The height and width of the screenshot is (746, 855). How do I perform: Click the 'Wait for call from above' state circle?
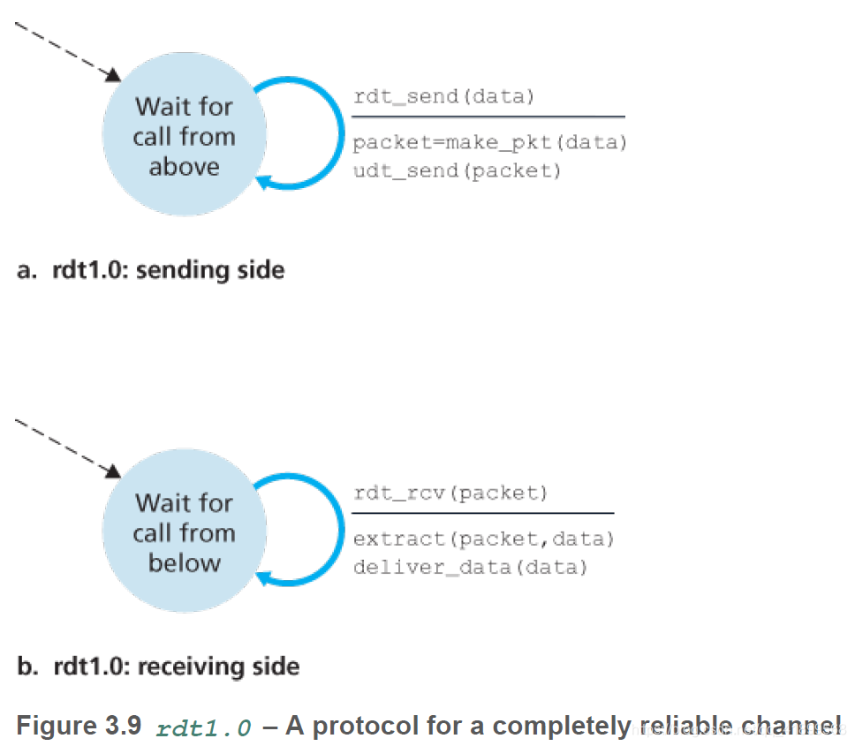click(183, 137)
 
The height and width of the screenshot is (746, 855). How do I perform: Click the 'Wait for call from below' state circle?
click(183, 532)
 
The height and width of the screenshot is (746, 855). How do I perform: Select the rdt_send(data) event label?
click(443, 97)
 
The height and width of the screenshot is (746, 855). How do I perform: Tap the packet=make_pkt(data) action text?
click(489, 143)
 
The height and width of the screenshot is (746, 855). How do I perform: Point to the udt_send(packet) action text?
click(457, 170)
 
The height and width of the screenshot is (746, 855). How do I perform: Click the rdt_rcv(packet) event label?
click(450, 494)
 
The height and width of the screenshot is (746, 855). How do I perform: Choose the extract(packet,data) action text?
click(483, 539)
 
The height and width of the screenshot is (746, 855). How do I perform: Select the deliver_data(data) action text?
click(470, 567)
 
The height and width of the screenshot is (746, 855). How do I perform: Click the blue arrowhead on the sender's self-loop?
click(264, 183)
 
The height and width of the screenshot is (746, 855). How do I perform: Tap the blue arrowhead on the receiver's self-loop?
click(264, 579)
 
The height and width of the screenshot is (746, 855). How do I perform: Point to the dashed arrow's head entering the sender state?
click(113, 75)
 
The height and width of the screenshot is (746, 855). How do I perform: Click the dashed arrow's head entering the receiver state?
click(113, 471)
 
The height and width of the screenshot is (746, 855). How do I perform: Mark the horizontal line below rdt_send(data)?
click(488, 117)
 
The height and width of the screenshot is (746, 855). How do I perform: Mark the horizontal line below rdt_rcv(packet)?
click(482, 513)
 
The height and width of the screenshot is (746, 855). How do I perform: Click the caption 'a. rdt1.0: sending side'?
click(151, 269)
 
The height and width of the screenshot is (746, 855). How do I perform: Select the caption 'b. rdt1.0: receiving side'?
click(158, 666)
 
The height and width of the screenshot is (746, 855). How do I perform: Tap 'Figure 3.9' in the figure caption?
click(79, 726)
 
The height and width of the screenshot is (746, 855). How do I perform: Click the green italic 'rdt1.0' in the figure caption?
click(203, 727)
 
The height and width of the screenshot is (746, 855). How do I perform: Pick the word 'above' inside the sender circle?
click(184, 167)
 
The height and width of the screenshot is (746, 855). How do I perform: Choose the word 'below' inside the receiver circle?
click(184, 563)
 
